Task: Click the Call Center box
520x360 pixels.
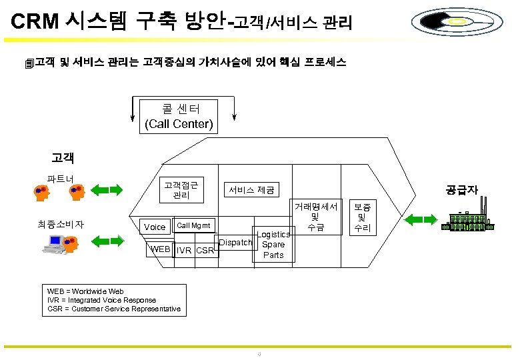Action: coord(179,116)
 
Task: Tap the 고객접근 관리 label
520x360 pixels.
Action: coord(181,189)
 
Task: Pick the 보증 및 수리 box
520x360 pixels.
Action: coord(363,217)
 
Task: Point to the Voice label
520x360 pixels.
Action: coord(155,227)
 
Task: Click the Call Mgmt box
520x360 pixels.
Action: coord(195,226)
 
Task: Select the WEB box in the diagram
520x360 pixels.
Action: coord(161,249)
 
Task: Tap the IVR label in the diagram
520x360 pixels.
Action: coord(185,251)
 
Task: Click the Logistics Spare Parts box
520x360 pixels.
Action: coord(273,245)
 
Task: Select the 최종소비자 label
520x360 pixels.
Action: coord(61,224)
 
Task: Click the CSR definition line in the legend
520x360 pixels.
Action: coord(114,309)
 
